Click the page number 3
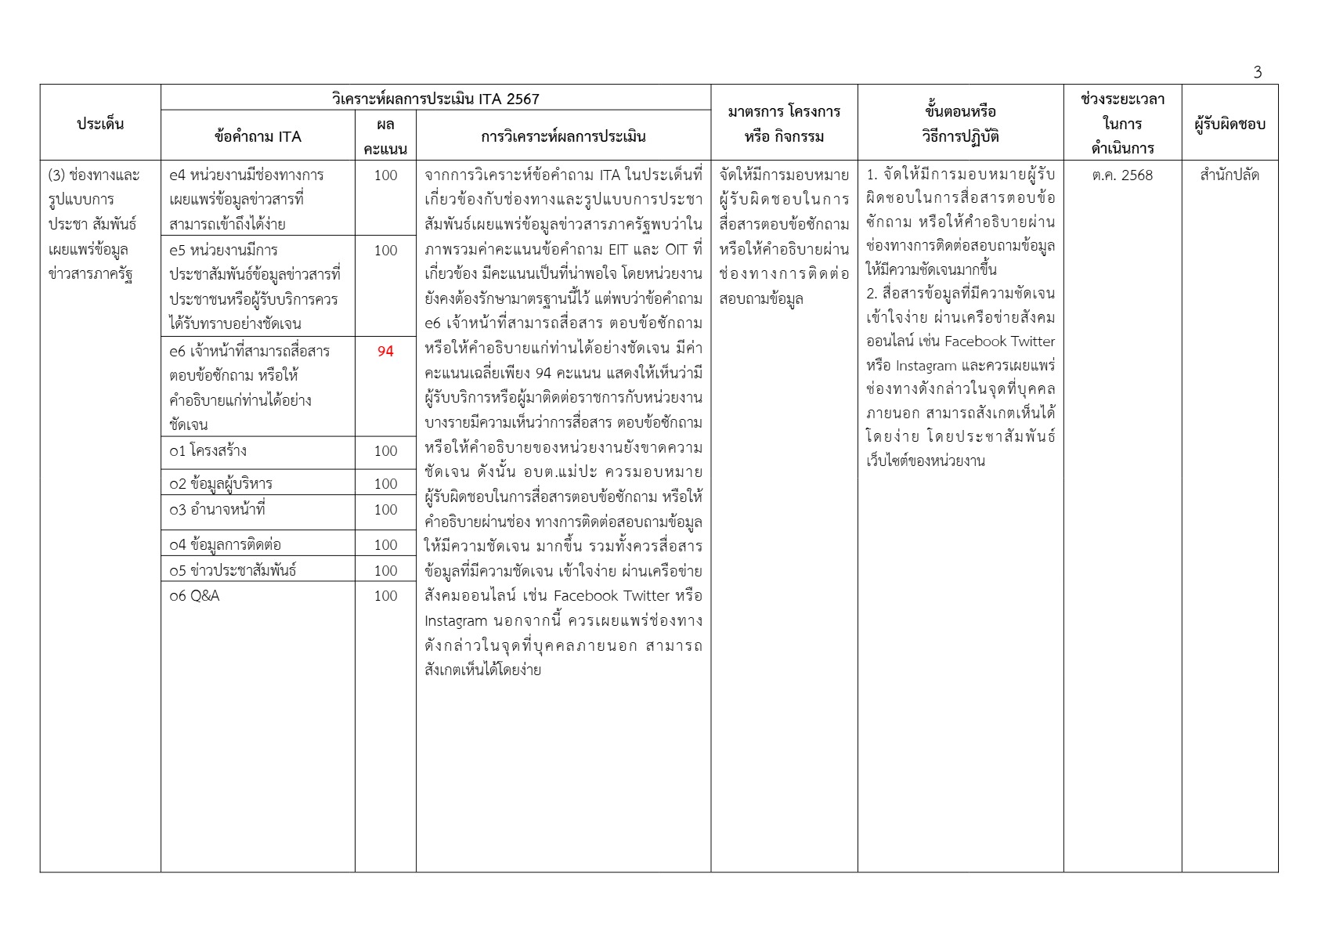[x=1257, y=72]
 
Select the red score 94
[x=385, y=351]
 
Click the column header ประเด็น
[x=100, y=124]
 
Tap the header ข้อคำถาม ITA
[x=258, y=136]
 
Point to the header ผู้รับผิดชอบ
[x=1230, y=124]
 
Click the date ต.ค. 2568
[x=1122, y=175]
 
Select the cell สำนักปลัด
[x=1230, y=175]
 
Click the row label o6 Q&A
[x=195, y=596]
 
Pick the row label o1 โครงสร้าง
[x=208, y=451]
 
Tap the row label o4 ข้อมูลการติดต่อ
[x=225, y=544]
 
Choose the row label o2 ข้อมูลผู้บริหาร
[x=221, y=483]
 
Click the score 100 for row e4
[x=385, y=175]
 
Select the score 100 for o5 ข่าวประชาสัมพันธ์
[x=385, y=570]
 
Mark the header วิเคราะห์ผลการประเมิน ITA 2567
[x=435, y=99]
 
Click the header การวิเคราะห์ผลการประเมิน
[x=563, y=136]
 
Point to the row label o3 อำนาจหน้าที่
[x=217, y=510]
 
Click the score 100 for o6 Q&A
[x=385, y=596]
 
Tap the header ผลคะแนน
[x=385, y=136]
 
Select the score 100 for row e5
[x=385, y=251]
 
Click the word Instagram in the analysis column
[x=456, y=621]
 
